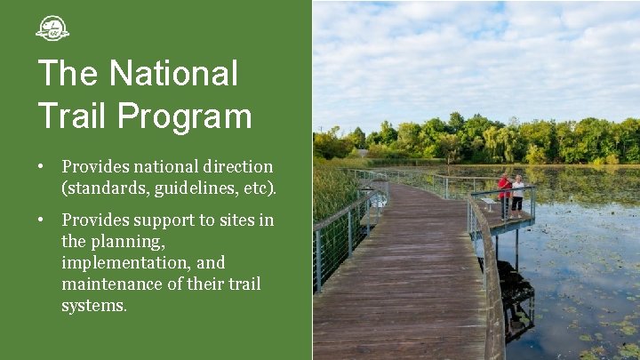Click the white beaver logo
52,28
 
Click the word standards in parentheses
100,188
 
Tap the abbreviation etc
259,188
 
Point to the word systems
93,305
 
